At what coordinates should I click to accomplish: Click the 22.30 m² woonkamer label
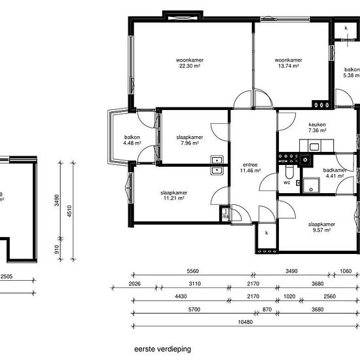click(x=189, y=63)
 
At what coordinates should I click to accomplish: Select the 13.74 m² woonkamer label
click(x=287, y=63)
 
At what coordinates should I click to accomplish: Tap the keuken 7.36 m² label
click(x=317, y=128)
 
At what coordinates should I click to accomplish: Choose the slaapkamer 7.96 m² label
click(x=190, y=141)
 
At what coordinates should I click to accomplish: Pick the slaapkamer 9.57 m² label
click(x=321, y=227)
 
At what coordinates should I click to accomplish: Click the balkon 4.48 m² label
click(x=132, y=141)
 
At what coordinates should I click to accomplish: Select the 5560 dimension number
click(x=192, y=272)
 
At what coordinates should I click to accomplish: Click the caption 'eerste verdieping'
click(x=163, y=349)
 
